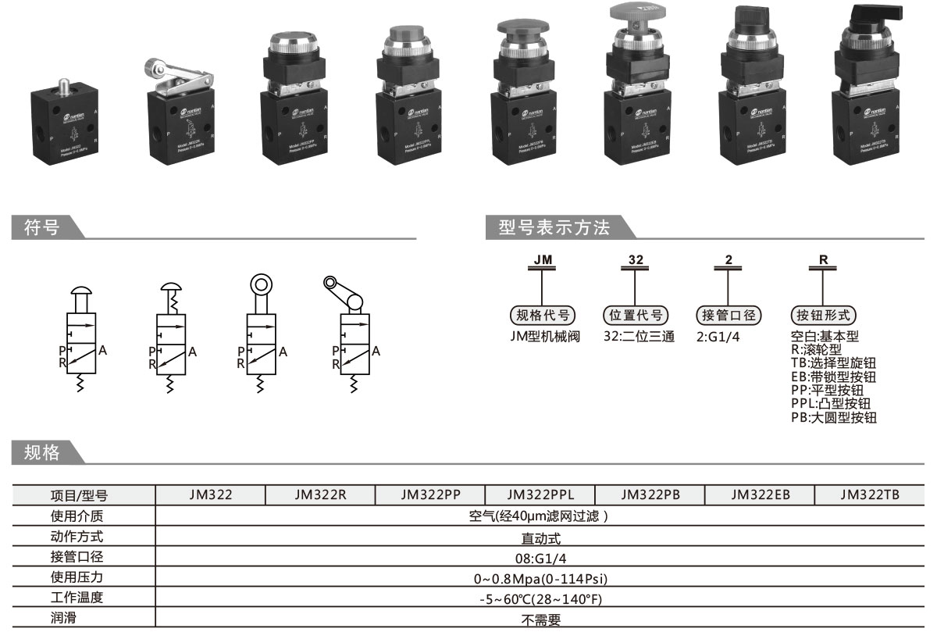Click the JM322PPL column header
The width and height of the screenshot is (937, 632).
(x=540, y=494)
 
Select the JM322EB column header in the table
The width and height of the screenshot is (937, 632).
(x=760, y=494)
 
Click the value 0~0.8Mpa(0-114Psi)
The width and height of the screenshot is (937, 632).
(x=540, y=579)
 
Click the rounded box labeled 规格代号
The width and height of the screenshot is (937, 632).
(x=543, y=316)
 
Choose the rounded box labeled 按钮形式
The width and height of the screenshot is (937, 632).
(x=824, y=316)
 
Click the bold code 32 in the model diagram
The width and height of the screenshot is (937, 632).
(x=636, y=259)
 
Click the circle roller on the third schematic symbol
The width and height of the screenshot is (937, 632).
(x=261, y=282)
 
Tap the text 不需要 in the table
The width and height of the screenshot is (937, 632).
(x=540, y=620)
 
